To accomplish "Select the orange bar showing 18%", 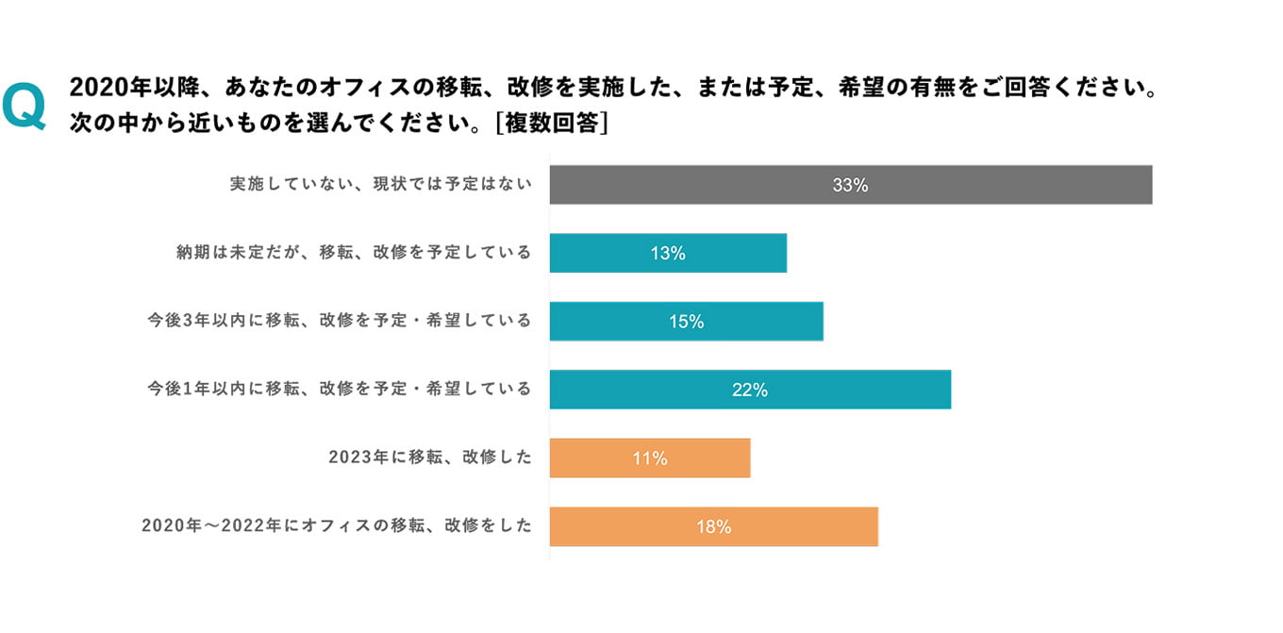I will coord(802,526).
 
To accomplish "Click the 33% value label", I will coord(850,186).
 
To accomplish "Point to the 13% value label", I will coord(668,254).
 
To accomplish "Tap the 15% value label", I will coord(687,322).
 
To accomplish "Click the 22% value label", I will coord(750,390).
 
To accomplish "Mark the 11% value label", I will coord(650,458).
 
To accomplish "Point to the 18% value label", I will coord(714,527).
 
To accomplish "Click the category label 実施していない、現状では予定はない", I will coord(381,185).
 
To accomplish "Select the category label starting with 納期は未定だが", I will coord(354,253).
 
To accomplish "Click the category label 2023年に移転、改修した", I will coord(430,458).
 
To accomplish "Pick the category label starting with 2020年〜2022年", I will coord(337,526).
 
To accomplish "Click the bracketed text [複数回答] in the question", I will coord(551,124).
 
